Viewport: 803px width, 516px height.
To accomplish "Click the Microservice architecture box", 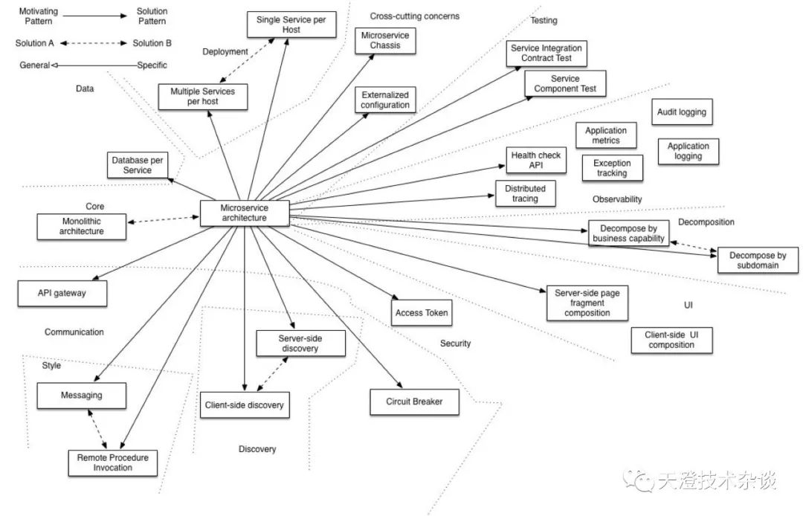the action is [x=245, y=213].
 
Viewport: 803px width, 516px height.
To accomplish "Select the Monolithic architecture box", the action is [x=82, y=226].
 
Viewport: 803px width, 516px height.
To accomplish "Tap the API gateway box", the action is [x=62, y=294].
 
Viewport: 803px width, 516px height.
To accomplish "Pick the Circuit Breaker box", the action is [x=414, y=401].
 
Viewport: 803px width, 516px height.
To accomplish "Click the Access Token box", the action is [x=422, y=313].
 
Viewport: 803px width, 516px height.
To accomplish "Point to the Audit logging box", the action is [x=682, y=112].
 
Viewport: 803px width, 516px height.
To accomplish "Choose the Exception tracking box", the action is [x=612, y=168].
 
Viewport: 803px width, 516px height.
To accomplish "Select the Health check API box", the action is [x=535, y=160].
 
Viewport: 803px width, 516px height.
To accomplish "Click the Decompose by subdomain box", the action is [x=758, y=260].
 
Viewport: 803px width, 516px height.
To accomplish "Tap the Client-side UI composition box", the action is [x=671, y=340].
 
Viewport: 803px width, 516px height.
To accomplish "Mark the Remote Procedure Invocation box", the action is [x=113, y=462].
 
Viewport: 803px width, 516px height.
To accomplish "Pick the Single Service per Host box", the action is [x=291, y=25].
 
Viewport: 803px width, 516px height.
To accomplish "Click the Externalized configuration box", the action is [x=385, y=100].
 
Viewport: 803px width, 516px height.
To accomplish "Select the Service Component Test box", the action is [x=565, y=83].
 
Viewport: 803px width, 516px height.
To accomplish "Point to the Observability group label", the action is [x=617, y=199].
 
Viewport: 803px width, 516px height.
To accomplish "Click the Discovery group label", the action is [x=257, y=449].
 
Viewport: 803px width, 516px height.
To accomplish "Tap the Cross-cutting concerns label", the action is [x=415, y=16].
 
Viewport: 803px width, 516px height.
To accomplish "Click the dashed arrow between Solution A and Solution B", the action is [x=93, y=43].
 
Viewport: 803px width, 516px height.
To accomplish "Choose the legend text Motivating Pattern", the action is [x=39, y=16].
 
